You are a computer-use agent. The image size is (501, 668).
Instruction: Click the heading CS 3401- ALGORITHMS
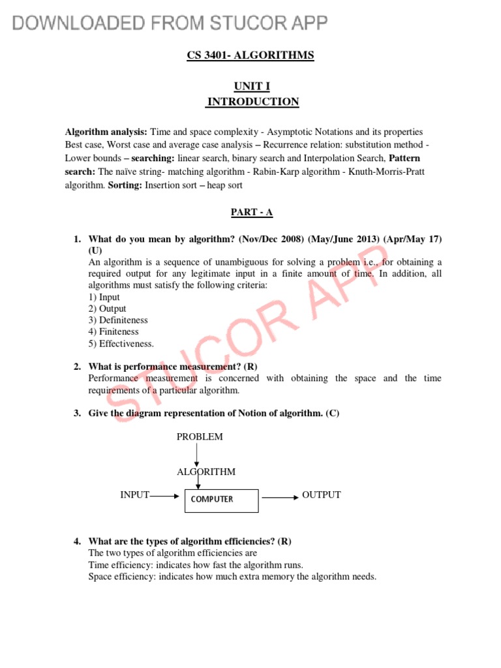[x=250, y=55]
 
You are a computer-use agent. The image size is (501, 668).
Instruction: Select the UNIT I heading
[x=251, y=86]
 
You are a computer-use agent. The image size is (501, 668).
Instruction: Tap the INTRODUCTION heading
[x=253, y=102]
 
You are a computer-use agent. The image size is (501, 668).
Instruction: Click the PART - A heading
[x=250, y=212]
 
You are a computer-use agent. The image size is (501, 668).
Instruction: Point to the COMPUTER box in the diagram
[x=222, y=499]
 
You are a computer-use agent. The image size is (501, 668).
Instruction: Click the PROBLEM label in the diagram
[x=200, y=436]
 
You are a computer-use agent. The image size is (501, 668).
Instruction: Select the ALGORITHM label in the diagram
[x=206, y=472]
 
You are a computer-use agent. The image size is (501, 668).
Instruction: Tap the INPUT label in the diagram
[x=135, y=495]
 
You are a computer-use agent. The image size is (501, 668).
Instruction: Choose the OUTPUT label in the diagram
[x=321, y=495]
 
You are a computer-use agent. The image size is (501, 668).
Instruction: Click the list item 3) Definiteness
[x=118, y=320]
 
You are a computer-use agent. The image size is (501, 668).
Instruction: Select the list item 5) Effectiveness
[x=121, y=344]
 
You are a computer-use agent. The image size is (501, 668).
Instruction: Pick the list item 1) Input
[x=104, y=297]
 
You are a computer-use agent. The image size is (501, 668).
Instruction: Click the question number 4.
[x=77, y=541]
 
